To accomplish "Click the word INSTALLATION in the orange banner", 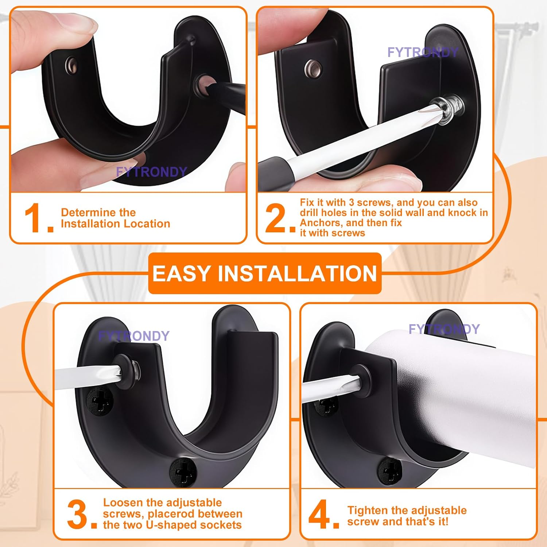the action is click(x=297, y=273).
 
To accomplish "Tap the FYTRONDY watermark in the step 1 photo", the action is click(x=151, y=172).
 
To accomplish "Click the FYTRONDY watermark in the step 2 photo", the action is click(x=423, y=53).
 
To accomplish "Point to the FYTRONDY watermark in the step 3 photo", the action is click(x=134, y=336).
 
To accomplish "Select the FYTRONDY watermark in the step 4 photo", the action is click(x=444, y=329).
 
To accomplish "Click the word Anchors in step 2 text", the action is click(x=317, y=223).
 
